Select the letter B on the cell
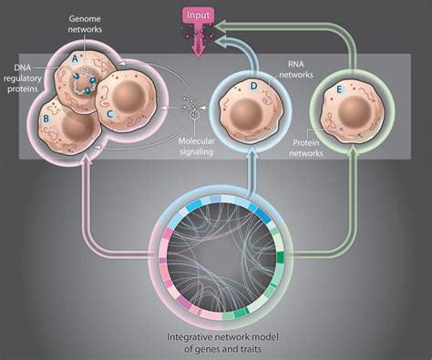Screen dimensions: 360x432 coord(46,118)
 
